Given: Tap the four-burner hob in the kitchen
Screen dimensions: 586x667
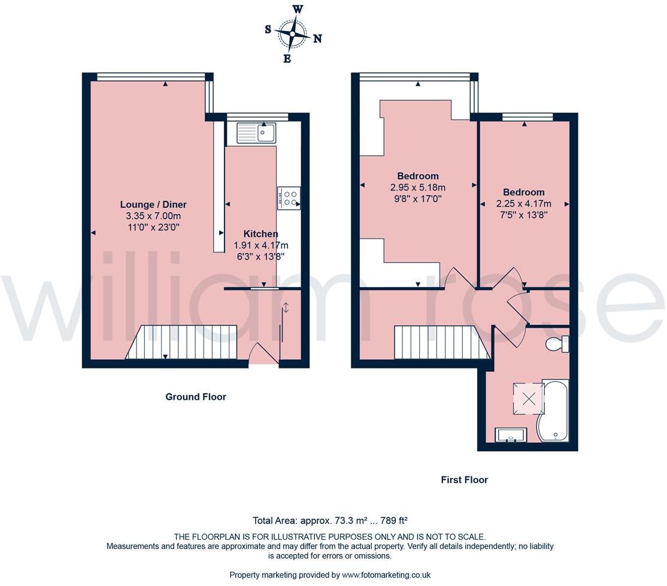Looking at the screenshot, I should tap(289, 198).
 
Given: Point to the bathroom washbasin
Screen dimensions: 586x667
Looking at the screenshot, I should tap(511, 435).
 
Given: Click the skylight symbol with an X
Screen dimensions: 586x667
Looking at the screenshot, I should tap(529, 398).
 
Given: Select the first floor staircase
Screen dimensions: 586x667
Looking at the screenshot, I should tap(441, 342).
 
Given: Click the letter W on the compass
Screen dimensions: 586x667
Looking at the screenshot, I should tap(298, 9).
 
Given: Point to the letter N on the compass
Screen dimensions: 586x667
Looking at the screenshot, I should tap(318, 38).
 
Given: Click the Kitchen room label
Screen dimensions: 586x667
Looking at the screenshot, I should tap(260, 234).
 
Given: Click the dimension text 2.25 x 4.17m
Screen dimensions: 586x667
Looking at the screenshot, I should tap(524, 203).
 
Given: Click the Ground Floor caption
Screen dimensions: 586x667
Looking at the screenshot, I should tap(196, 397).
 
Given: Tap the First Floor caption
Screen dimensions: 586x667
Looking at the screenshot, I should tap(464, 479).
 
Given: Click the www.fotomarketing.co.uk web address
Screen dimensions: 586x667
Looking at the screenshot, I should tap(386, 575).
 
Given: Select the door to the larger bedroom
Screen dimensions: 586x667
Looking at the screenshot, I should tap(457, 278).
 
